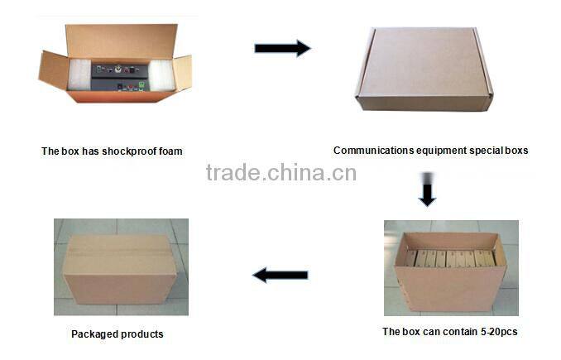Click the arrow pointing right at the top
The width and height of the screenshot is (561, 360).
[282, 48]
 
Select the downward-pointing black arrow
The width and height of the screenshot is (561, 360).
[427, 194]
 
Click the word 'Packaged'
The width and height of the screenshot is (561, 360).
[93, 334]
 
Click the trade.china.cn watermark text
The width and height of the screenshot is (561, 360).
[280, 173]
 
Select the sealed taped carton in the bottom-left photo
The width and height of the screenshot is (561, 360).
[121, 269]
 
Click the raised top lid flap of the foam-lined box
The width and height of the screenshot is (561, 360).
[122, 39]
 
